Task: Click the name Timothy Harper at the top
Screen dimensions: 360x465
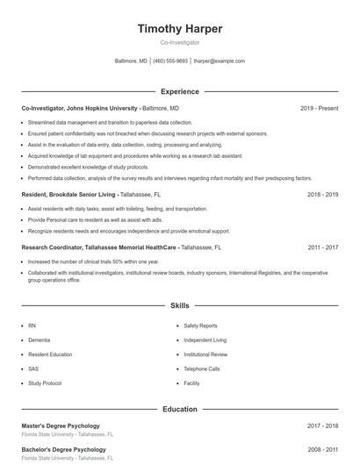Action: [180, 29]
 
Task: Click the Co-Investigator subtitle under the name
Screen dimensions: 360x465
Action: [180, 42]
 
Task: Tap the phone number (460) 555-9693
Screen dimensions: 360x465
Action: [170, 61]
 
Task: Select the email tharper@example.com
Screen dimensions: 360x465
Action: [220, 61]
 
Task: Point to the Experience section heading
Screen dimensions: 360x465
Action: [180, 91]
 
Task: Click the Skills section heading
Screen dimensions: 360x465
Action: [180, 306]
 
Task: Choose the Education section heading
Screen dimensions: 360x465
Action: [180, 409]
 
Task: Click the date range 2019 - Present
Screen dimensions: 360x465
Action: [319, 108]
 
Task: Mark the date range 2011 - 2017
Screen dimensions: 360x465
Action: [322, 247]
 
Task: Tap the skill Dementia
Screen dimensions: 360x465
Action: [40, 340]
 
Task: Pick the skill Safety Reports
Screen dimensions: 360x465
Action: [200, 325]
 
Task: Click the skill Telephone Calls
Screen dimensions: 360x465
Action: [202, 368]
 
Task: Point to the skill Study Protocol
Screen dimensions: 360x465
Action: [45, 383]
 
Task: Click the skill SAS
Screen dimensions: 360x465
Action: [33, 368]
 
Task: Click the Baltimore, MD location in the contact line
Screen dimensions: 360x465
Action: [132, 61]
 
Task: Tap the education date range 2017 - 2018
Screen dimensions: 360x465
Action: [322, 426]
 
